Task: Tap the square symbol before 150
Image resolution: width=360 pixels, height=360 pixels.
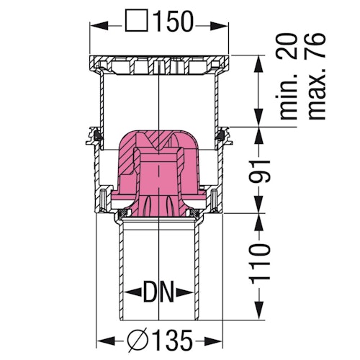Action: (x=137, y=22)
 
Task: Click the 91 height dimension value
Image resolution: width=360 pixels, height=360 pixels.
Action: (x=268, y=171)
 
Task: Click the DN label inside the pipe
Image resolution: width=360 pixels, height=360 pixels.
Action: (x=158, y=293)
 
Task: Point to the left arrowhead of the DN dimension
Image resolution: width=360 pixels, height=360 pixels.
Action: (x=127, y=293)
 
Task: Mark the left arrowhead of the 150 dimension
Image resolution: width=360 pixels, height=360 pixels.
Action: (x=95, y=22)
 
